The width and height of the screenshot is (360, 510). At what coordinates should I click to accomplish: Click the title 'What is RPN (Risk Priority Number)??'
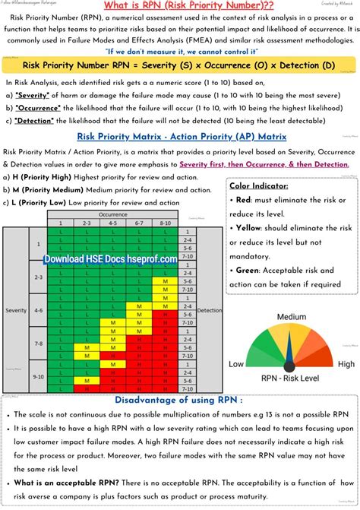click(179, 6)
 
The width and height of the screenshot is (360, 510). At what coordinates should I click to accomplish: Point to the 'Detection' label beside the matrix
click(210, 310)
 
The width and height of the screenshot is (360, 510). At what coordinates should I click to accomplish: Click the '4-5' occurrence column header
click(112, 223)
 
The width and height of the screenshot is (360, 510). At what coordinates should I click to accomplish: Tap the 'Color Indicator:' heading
click(258, 186)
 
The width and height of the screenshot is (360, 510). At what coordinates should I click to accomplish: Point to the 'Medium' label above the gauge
click(292, 316)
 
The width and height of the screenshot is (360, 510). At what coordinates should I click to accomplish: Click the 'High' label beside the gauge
click(346, 364)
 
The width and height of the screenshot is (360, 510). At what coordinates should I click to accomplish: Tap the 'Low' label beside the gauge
click(236, 364)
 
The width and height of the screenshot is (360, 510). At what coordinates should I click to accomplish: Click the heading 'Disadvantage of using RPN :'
click(179, 401)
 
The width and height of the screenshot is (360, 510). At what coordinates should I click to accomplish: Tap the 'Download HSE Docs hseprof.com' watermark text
click(110, 259)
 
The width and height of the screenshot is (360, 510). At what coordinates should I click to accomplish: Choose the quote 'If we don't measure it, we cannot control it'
click(179, 52)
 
